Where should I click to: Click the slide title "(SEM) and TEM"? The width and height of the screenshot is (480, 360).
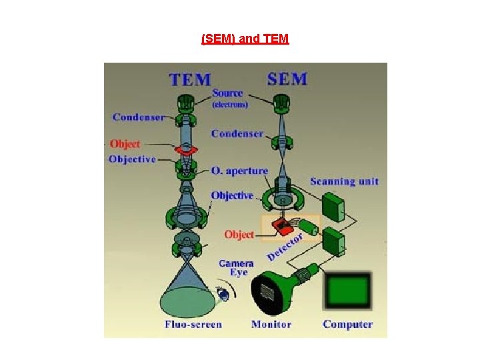245,39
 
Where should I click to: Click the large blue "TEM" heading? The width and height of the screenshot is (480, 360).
190,80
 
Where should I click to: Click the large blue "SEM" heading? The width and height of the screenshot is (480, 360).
287,79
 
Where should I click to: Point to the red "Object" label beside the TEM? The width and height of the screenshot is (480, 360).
125,144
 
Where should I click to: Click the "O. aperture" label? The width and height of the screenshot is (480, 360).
239,171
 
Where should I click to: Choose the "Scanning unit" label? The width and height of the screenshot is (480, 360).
344,181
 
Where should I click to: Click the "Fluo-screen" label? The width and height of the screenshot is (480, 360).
193,325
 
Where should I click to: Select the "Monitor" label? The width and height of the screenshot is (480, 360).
271,325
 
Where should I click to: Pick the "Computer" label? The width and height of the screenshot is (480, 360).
347,325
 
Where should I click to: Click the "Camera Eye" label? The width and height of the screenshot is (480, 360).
236,267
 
